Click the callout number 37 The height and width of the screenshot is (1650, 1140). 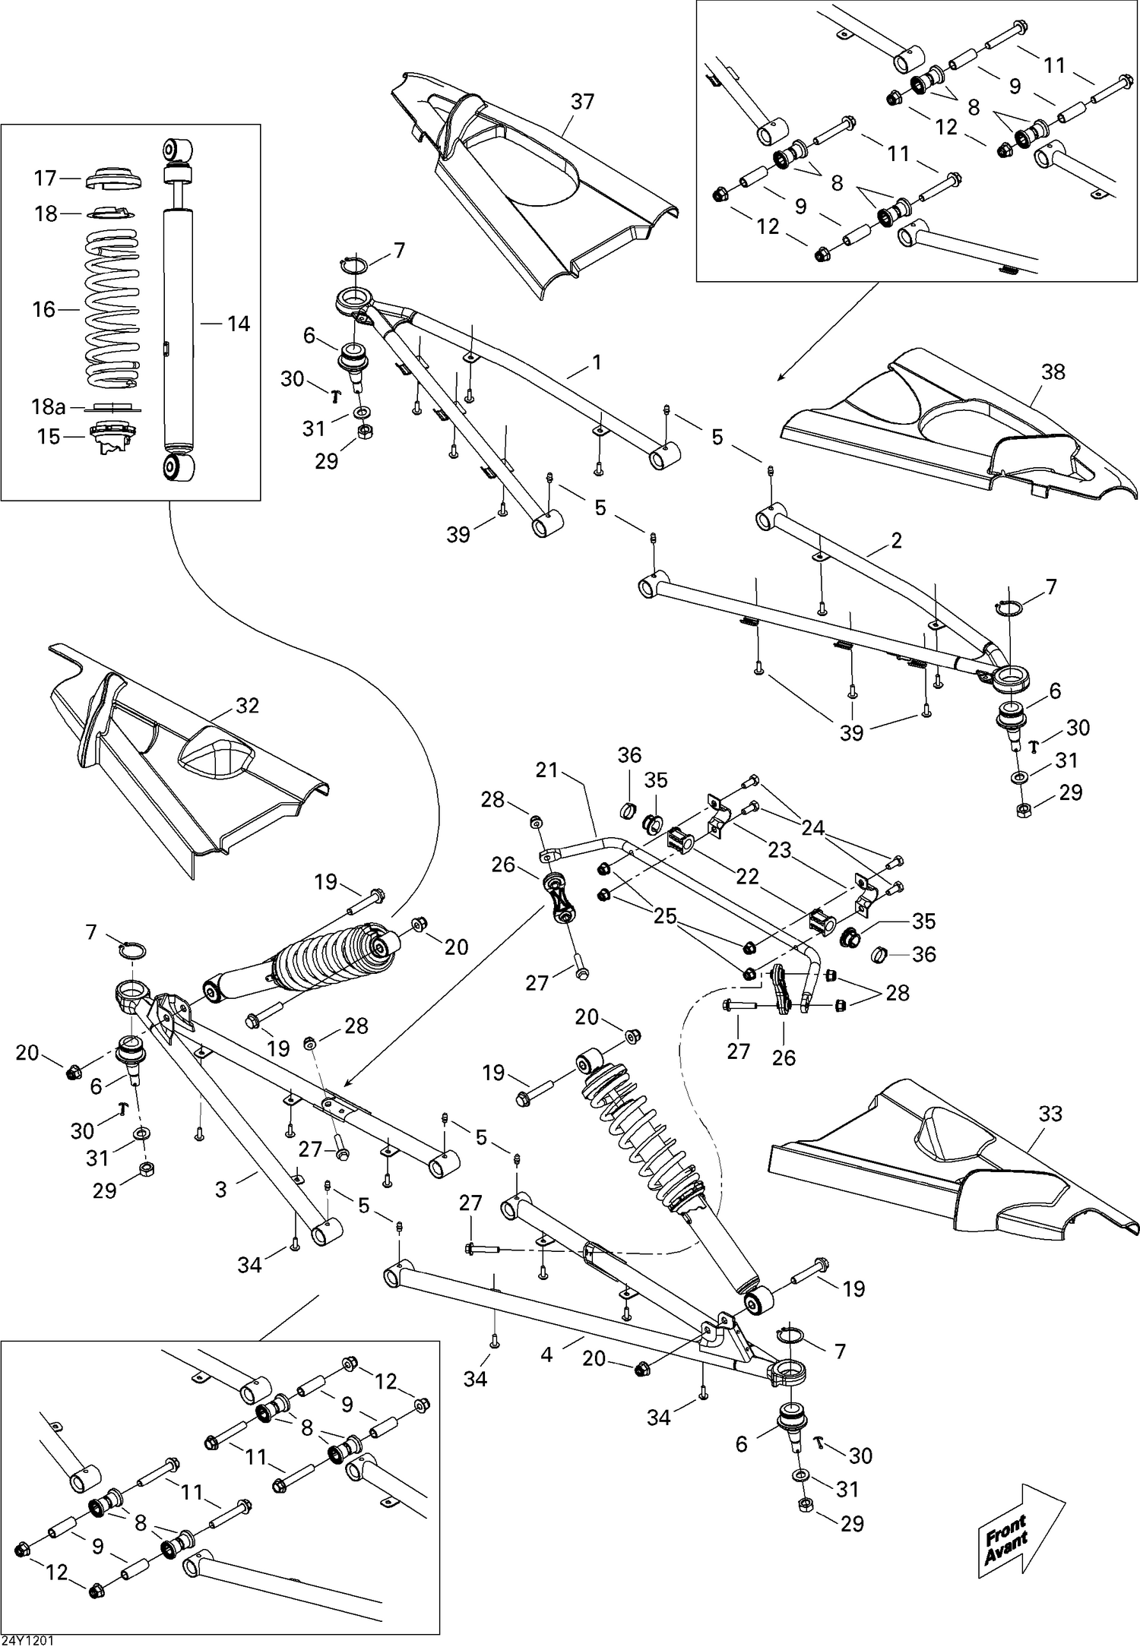coord(582,102)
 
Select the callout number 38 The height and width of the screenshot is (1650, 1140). coord(1053,372)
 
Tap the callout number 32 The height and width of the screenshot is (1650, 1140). coord(247,706)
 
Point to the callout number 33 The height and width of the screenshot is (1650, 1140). coord(1050,1114)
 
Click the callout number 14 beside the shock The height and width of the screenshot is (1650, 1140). coord(238,324)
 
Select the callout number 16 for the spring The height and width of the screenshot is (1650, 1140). coord(44,309)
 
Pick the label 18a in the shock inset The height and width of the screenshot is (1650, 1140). coord(48,406)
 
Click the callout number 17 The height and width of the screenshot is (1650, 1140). coord(46,178)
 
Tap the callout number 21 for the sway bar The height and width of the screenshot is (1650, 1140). coord(547,770)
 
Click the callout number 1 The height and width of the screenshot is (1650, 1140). coord(597,362)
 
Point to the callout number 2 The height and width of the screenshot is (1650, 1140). coord(896,541)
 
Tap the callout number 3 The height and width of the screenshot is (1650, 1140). coord(221,1189)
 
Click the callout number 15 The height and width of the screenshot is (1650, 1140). coord(49,437)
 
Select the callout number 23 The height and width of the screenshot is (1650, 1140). coord(779,849)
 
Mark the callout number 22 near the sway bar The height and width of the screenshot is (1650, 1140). coord(748,876)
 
